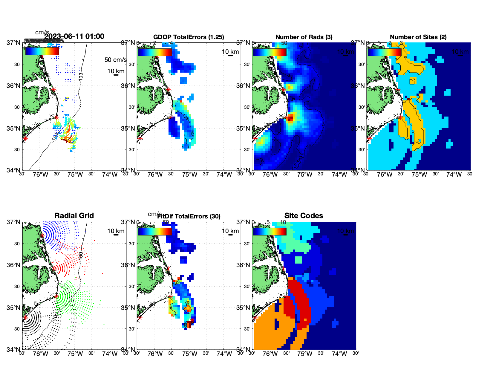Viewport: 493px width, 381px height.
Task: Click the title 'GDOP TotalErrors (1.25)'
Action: (x=189, y=37)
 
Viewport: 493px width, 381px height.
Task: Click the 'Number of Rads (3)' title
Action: (x=304, y=37)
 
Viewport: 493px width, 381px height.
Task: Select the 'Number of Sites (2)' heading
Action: (x=418, y=37)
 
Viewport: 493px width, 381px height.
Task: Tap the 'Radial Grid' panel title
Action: (x=74, y=216)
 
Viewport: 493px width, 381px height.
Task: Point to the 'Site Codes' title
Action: (x=304, y=216)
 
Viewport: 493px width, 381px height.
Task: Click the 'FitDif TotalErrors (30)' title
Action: (x=189, y=216)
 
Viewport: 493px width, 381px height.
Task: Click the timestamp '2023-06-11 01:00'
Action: (x=74, y=36)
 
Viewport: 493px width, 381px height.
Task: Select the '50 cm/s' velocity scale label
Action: (x=115, y=60)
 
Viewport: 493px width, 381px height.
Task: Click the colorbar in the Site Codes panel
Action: (x=270, y=232)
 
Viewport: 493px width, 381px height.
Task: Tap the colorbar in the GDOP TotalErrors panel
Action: (x=155, y=52)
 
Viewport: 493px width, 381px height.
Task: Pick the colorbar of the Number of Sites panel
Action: (x=384, y=52)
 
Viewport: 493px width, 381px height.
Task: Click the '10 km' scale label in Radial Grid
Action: (x=116, y=231)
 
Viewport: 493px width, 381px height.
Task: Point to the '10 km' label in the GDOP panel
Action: (x=230, y=52)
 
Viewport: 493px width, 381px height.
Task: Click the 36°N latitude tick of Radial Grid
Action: (x=13, y=265)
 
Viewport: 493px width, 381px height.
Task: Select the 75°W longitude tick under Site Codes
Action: (x=304, y=354)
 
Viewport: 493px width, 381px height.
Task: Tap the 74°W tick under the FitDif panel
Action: (x=224, y=354)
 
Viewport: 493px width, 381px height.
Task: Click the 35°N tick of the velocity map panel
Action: (x=13, y=128)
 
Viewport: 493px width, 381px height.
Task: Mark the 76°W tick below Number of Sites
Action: (x=385, y=175)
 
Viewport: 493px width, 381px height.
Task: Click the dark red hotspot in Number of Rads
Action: (x=290, y=118)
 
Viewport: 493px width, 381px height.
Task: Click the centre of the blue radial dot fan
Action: (x=42, y=235)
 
